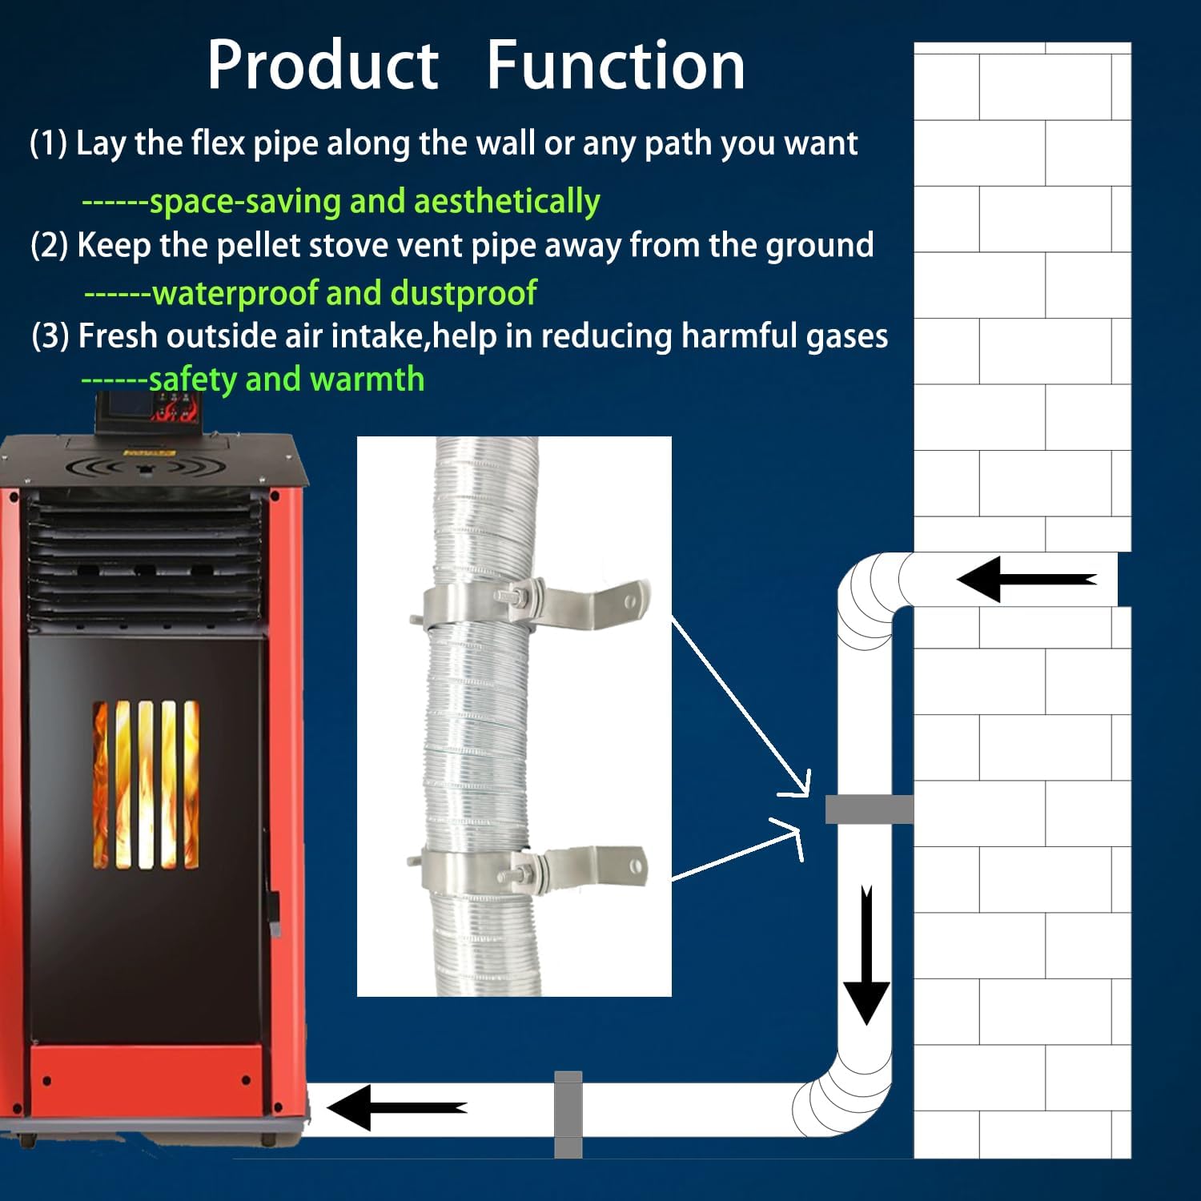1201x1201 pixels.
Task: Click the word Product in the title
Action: coord(323,66)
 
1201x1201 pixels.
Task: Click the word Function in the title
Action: coord(615,66)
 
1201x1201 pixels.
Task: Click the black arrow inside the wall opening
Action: coord(1026,579)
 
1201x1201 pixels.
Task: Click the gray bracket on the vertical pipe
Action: coord(869,809)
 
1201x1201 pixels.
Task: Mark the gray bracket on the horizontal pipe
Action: coord(568,1114)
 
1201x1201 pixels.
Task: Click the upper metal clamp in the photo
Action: coord(512,605)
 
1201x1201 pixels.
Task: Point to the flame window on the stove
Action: coord(146,784)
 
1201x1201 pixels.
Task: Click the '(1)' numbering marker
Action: coord(48,144)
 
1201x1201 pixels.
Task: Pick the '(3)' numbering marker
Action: coord(50,336)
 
